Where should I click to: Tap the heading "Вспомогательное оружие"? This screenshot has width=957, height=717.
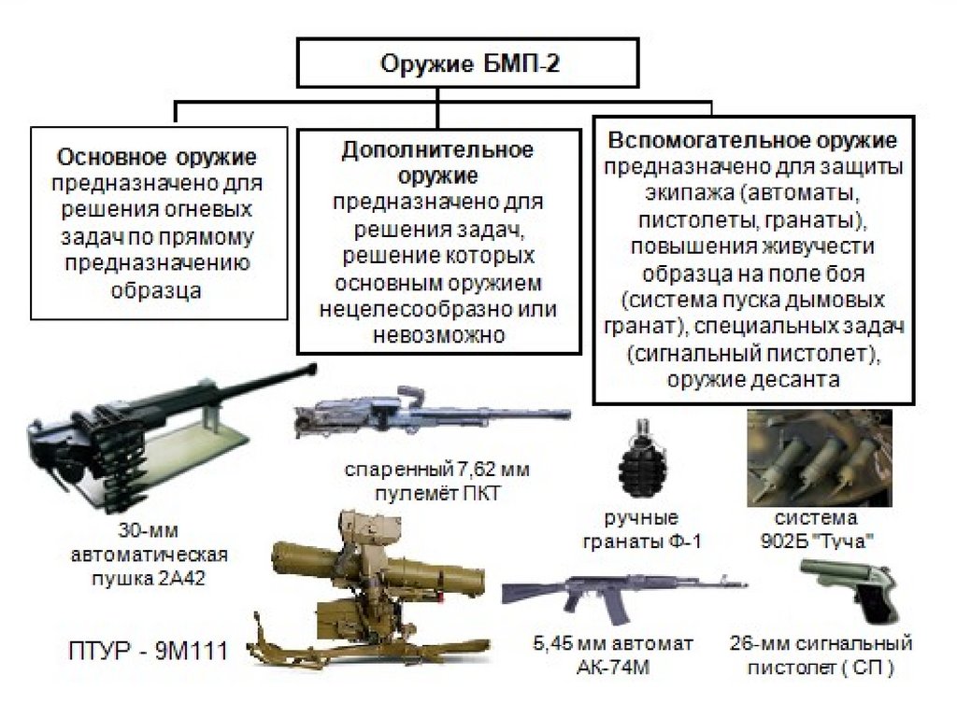tap(753, 141)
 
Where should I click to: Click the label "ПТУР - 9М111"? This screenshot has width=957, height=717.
tap(147, 649)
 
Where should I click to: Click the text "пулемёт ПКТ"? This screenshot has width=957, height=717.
tap(428, 493)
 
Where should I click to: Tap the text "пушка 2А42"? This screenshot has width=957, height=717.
tap(150, 578)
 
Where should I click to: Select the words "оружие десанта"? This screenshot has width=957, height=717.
tap(753, 379)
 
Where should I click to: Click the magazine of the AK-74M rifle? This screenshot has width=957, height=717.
tap(613, 608)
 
